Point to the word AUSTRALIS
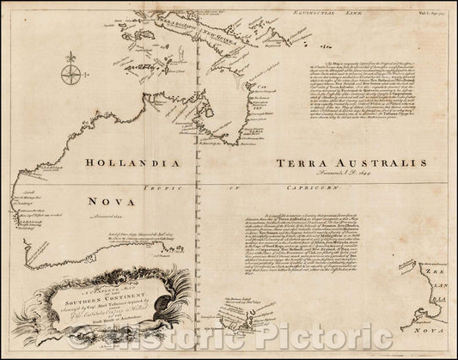[376, 163]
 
